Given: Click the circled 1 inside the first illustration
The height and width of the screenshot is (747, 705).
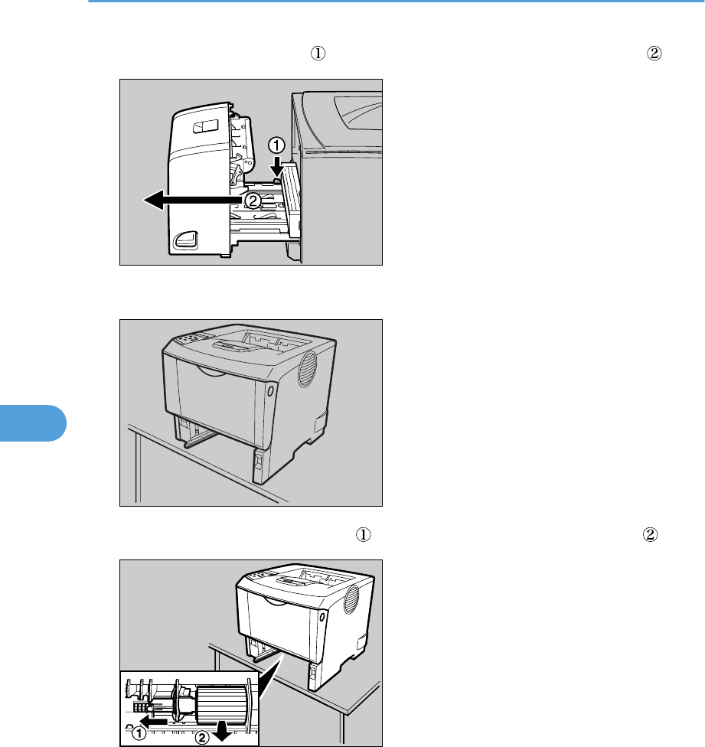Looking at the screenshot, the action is point(276,145).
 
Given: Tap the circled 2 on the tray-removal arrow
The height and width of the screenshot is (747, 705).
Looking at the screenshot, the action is point(253,201).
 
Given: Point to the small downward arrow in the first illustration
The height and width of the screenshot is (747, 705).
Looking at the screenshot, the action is point(277,166).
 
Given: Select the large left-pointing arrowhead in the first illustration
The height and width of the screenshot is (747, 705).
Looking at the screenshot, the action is point(155,200).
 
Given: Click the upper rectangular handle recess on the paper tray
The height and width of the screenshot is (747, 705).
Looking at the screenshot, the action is point(205,126).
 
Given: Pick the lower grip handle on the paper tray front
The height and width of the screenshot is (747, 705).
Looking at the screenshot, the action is point(186,240).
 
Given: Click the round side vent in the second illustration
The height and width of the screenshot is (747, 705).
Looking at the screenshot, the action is point(307,369).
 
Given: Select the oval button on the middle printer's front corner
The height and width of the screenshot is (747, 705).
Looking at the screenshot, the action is point(270,391).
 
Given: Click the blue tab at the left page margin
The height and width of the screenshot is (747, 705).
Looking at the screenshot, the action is point(33,423).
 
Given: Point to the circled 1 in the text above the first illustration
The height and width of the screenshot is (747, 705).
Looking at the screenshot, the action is point(318,53).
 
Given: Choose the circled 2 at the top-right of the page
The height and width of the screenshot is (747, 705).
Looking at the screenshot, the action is point(654,53).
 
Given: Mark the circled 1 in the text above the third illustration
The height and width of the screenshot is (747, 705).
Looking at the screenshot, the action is point(363,534).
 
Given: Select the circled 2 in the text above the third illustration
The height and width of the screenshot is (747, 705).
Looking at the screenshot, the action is point(650,534).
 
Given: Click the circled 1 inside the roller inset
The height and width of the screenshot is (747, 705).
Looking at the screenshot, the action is point(139,732).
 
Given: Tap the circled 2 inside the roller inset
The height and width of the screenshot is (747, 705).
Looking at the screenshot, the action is point(202,738).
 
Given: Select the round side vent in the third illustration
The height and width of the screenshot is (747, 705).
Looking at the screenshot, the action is point(351,599).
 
